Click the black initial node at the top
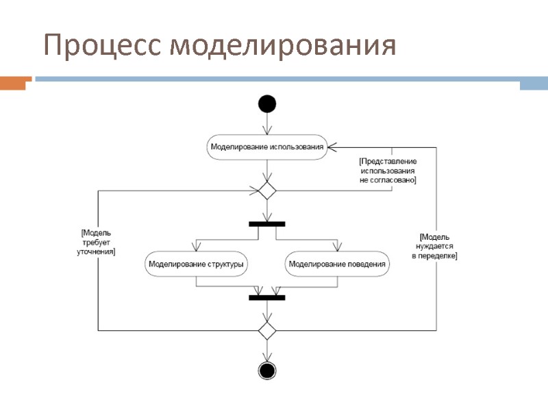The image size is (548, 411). pyautogui.click(x=267, y=104)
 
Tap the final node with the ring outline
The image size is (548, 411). pyautogui.click(x=267, y=371)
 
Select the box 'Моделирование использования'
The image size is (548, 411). pyautogui.click(x=266, y=147)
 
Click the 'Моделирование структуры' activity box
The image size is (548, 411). pyautogui.click(x=197, y=264)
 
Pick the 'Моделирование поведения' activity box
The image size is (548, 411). pyautogui.click(x=337, y=264)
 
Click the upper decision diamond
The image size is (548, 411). pyautogui.click(x=267, y=190)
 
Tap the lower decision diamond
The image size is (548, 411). pyautogui.click(x=267, y=331)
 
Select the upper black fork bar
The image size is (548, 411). pyautogui.click(x=267, y=223)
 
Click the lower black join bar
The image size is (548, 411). pyautogui.click(x=267, y=297)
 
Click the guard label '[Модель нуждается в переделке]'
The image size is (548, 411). pyautogui.click(x=434, y=246)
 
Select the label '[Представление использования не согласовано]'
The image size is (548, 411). pyautogui.click(x=388, y=170)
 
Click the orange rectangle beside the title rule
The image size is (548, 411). pyautogui.click(x=16, y=84)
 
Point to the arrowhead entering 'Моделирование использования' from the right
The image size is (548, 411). pyautogui.click(x=331, y=147)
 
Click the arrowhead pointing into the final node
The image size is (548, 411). pyautogui.click(x=267, y=358)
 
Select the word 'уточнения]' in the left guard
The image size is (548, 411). pyautogui.click(x=96, y=252)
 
